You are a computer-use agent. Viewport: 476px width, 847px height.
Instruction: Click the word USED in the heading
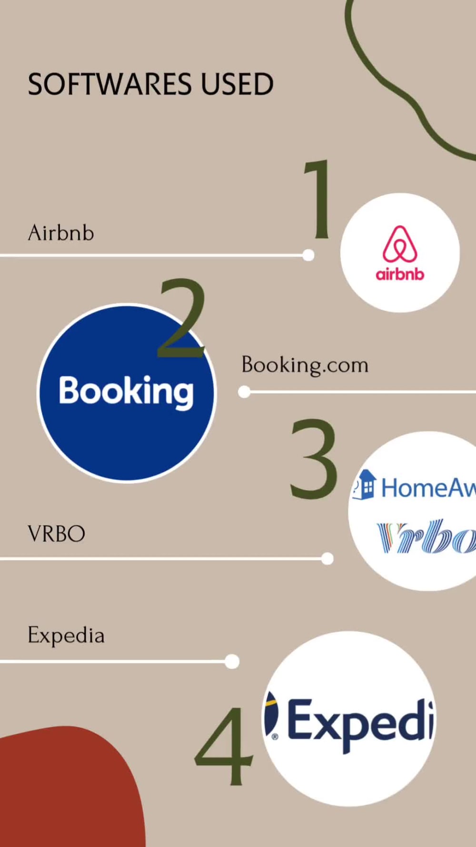237,84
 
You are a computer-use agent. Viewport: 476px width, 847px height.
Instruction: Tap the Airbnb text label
61,233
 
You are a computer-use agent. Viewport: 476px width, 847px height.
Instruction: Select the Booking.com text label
305,365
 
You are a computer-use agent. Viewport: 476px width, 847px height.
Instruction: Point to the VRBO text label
57,534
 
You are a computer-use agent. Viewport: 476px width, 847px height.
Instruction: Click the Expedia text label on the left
66,635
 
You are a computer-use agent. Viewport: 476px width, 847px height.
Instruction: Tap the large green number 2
182,318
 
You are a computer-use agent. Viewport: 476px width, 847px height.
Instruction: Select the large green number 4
224,746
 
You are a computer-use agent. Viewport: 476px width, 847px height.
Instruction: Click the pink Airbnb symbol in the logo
400,244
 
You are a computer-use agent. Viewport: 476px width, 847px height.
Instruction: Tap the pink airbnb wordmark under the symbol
400,274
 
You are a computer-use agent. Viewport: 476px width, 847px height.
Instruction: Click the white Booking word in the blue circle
126,392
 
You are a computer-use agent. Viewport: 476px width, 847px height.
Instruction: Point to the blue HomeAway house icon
365,484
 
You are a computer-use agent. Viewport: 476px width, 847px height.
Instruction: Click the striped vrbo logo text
426,536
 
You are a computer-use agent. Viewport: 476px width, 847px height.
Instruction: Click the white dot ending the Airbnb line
308,255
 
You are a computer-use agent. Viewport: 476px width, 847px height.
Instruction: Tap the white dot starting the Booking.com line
244,392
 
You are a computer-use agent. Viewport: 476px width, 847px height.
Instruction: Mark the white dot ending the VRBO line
327,558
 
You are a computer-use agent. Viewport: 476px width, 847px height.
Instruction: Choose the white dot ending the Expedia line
232,661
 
